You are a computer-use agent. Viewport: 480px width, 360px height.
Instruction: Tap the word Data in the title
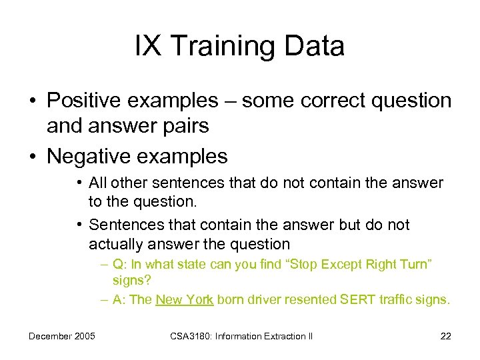click(317, 47)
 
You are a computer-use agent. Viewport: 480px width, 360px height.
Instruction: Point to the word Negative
click(87, 157)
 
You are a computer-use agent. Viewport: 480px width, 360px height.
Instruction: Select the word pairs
click(190, 125)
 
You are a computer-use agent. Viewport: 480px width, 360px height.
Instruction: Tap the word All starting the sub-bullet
click(99, 183)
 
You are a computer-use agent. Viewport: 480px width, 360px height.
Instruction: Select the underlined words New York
click(184, 299)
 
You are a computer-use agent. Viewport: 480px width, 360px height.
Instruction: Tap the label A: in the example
click(121, 299)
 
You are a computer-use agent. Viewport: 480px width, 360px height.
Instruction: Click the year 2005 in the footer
click(83, 336)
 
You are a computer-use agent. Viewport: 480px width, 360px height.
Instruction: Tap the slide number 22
click(445, 336)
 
